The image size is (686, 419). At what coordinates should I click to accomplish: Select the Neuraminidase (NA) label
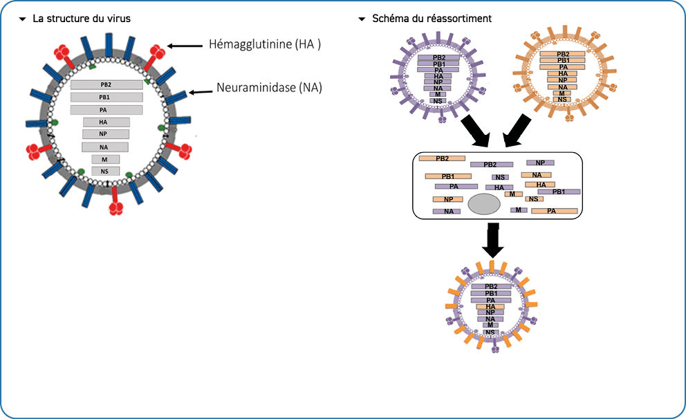click(x=269, y=88)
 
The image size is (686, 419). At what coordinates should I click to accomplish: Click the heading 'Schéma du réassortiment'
click(x=432, y=19)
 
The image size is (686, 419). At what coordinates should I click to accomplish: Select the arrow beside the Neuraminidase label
click(x=201, y=91)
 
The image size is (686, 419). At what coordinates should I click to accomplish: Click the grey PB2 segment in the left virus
click(x=106, y=84)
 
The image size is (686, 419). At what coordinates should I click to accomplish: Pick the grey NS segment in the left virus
click(x=105, y=171)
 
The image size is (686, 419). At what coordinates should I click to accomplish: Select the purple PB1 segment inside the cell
click(x=559, y=192)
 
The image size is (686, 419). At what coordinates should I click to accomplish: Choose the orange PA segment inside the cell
click(x=554, y=210)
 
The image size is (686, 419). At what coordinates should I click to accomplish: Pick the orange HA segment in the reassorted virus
click(x=490, y=306)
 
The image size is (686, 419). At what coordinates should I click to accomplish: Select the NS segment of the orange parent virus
click(x=562, y=100)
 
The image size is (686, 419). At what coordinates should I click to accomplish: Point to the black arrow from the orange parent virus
click(x=517, y=130)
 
